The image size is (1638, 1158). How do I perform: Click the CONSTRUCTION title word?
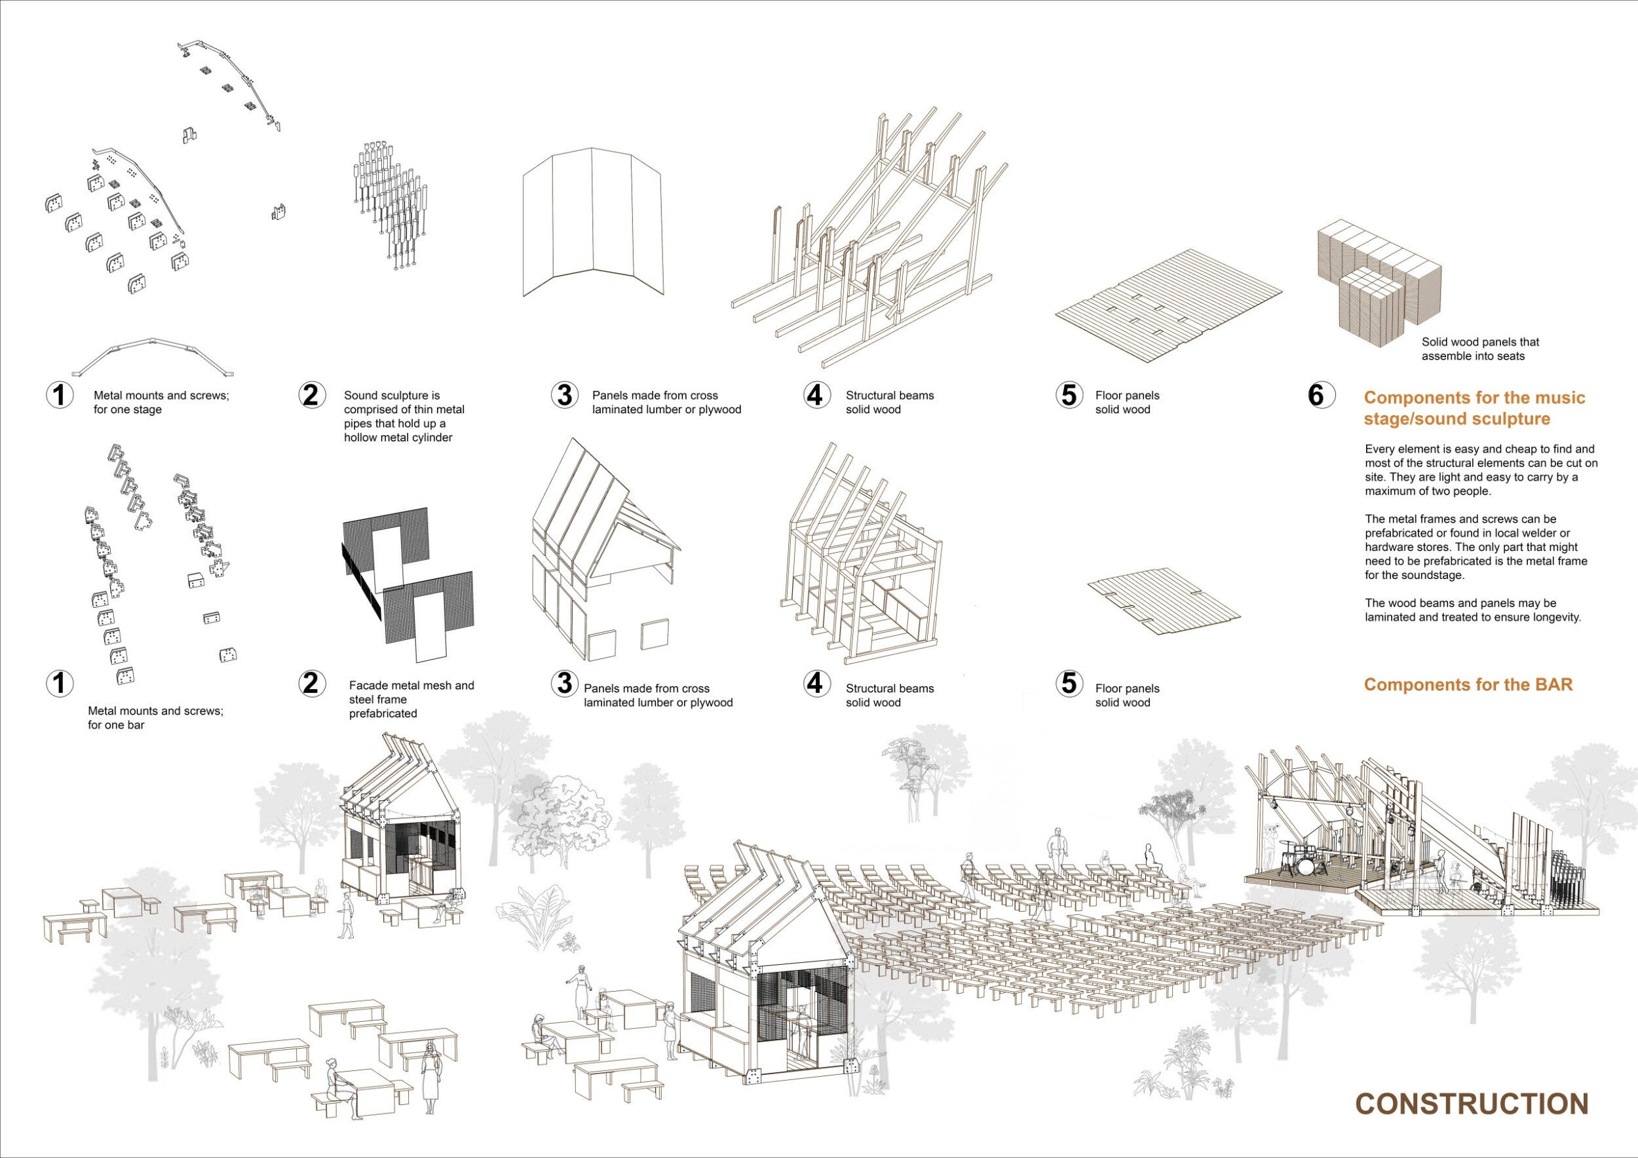1471,1103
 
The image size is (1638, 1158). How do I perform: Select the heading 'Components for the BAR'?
1468,684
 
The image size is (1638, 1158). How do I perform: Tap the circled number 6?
1316,395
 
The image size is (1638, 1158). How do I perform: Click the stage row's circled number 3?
564,395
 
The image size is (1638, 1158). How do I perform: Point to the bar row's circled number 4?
816,683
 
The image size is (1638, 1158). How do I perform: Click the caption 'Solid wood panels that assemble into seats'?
1479,349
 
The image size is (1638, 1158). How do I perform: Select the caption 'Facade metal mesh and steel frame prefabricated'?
411,700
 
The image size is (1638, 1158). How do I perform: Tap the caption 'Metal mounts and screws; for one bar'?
155,718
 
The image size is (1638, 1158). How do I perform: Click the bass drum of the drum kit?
1305,866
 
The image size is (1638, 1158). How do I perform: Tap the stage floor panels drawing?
1169,305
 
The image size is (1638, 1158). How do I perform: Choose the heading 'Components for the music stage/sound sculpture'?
1474,409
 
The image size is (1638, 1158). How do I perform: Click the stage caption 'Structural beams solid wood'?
890,402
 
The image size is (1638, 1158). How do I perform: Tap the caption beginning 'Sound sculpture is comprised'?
404,417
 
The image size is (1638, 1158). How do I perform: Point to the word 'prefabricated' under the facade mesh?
383,714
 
